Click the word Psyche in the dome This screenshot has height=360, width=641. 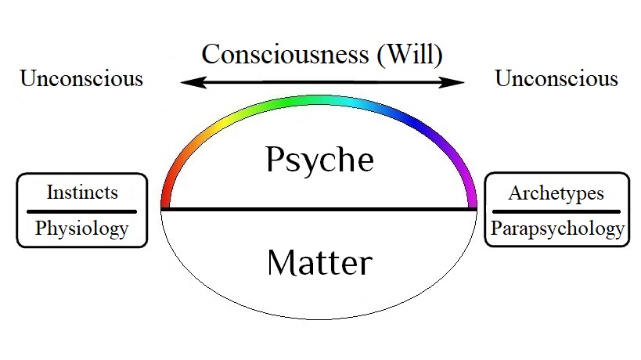pyautogui.click(x=319, y=160)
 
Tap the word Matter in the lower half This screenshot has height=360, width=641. pyautogui.click(x=319, y=262)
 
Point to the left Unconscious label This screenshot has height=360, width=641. pyautogui.click(x=81, y=79)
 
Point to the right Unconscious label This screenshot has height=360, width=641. pyautogui.click(x=556, y=79)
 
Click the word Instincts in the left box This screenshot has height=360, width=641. pyautogui.click(x=81, y=193)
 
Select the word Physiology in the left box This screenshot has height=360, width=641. pyautogui.click(x=81, y=229)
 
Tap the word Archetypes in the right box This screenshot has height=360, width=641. pyautogui.click(x=556, y=193)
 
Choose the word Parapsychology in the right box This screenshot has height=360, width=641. pyautogui.click(x=556, y=229)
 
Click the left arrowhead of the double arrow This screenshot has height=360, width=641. pyautogui.click(x=185, y=81)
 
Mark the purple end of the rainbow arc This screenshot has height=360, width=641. pyautogui.click(x=471, y=192)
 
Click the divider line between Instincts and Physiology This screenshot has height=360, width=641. pyautogui.click(x=81, y=211)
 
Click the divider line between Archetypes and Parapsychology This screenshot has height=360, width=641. pyautogui.click(x=556, y=211)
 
